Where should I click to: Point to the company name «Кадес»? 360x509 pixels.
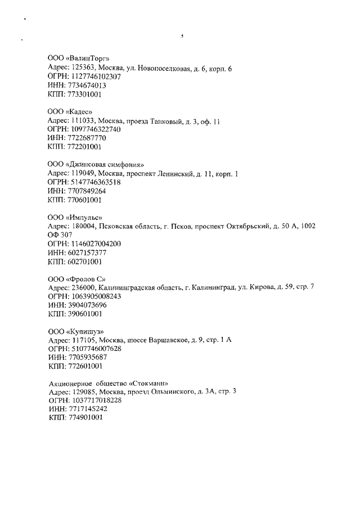(78, 111)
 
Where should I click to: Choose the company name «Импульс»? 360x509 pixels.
(84, 217)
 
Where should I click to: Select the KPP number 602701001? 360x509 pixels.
(84, 262)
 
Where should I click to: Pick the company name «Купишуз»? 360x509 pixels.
(84, 331)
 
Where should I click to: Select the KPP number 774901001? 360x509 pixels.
(84, 419)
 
